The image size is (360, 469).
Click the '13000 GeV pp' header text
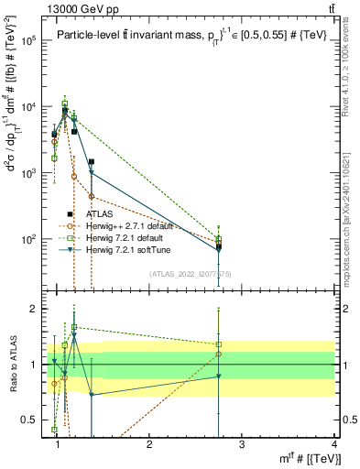[x=41, y=8]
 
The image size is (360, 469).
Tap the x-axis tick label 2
[x=150, y=444]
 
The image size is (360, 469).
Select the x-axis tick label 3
[x=242, y=444]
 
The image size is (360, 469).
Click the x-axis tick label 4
[x=333, y=444]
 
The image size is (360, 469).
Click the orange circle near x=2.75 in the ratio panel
[x=218, y=354]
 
